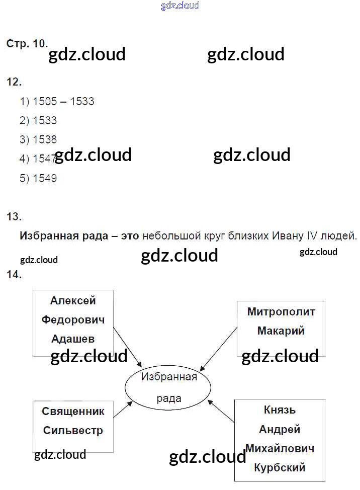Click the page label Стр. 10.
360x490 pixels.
click(27, 44)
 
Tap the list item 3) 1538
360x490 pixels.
click(39, 140)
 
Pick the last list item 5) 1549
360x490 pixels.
click(39, 178)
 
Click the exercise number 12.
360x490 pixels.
click(14, 81)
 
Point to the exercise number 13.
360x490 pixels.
click(14, 217)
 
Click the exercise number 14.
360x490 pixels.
click(14, 275)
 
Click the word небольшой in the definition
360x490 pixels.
click(168, 235)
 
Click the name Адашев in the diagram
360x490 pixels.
click(73, 339)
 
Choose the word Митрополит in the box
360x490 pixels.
click(281, 312)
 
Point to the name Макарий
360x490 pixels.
click(281, 331)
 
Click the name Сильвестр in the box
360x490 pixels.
click(73, 431)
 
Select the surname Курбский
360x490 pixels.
click(280, 468)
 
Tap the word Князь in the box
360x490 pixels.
click(280, 410)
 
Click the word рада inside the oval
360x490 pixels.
click(168, 398)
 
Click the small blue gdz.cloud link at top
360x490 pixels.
click(180, 6)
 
